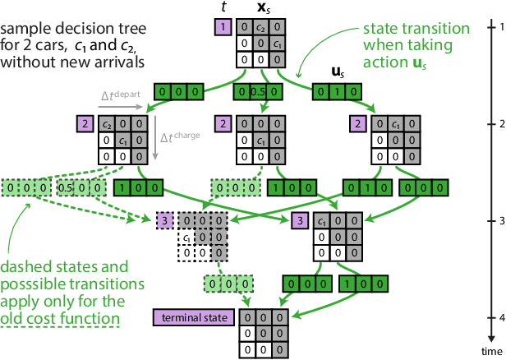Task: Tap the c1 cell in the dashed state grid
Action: (187, 238)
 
